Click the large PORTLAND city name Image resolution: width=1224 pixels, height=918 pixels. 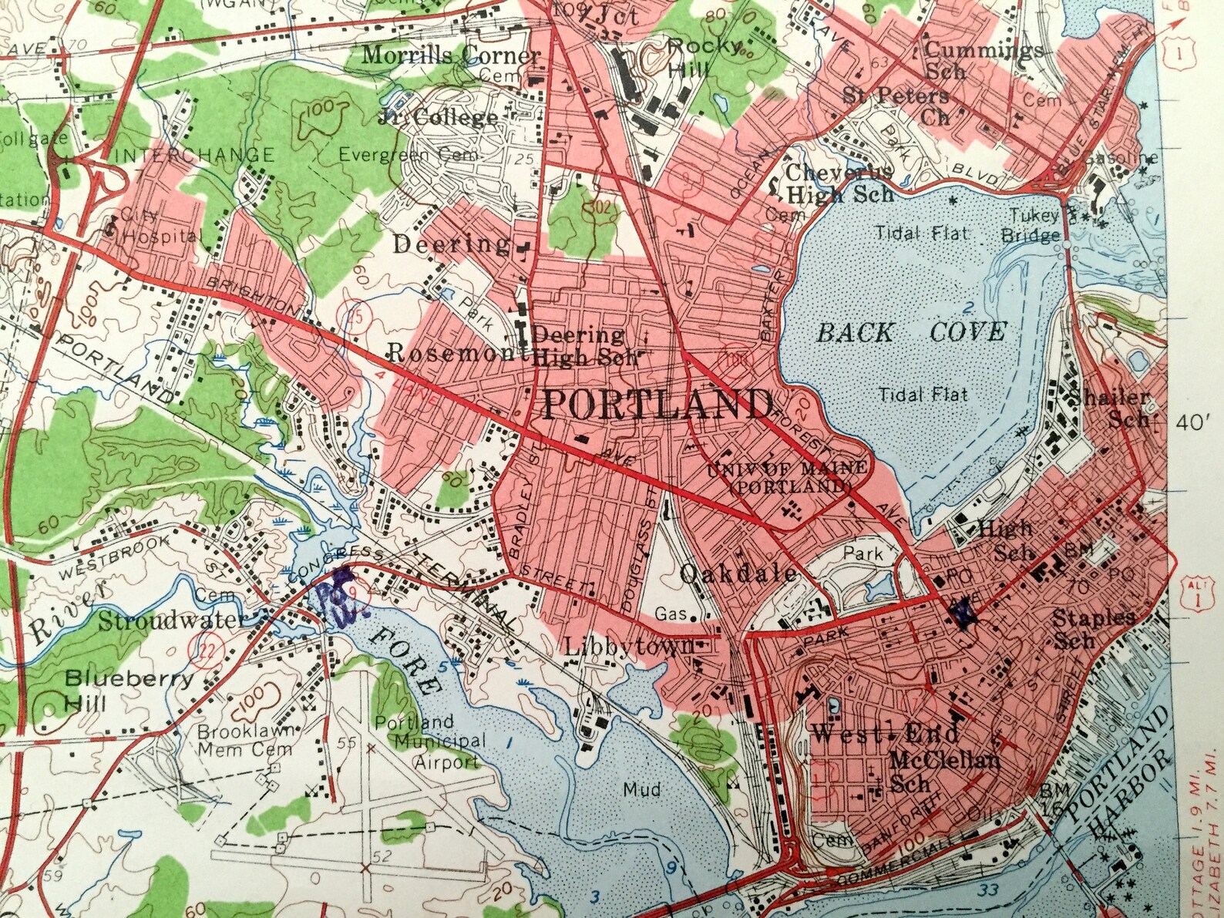tap(657, 404)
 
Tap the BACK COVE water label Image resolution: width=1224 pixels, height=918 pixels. tap(910, 333)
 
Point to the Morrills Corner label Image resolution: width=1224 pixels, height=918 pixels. tap(451, 55)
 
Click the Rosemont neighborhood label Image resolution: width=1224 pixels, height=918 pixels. tap(451, 353)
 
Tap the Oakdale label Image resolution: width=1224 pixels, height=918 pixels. tap(738, 573)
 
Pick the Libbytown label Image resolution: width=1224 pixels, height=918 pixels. tap(629, 646)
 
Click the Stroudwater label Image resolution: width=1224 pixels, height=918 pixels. tap(171, 620)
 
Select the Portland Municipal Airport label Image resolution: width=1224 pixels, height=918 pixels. tap(436, 742)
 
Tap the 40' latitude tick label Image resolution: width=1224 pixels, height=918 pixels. tap(1194, 422)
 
